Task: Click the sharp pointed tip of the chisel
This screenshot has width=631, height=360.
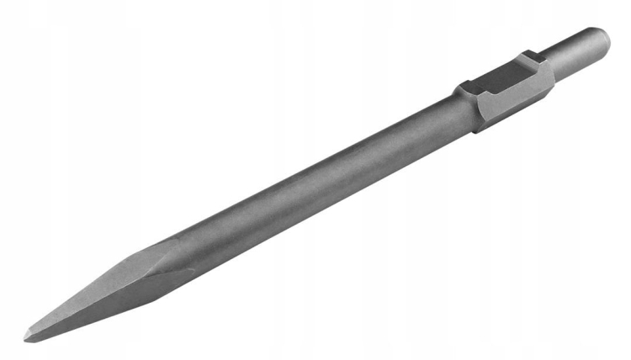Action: (26, 338)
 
